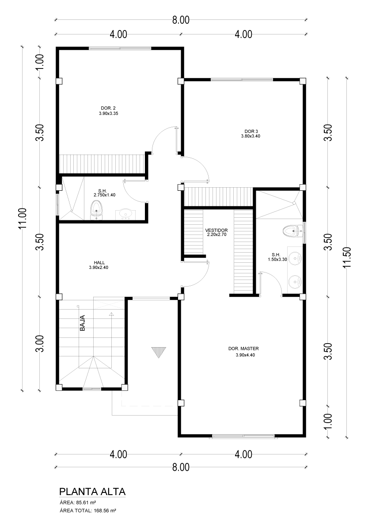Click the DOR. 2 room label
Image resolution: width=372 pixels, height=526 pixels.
(x=108, y=108)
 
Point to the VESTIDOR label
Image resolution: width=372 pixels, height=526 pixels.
(x=216, y=230)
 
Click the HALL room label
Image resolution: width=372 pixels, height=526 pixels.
(x=99, y=263)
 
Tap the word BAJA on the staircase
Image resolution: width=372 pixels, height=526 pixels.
(x=83, y=323)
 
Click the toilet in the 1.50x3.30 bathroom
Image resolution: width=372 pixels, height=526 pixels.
(x=292, y=231)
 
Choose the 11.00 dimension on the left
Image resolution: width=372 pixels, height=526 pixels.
(x=23, y=219)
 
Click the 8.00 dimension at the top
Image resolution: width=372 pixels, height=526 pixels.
(x=181, y=20)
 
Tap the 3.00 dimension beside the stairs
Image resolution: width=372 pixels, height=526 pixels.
(x=40, y=343)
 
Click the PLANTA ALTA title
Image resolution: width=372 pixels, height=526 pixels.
(x=92, y=492)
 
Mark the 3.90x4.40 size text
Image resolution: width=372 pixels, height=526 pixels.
(x=245, y=355)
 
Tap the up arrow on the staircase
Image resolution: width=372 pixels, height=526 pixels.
(x=111, y=314)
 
